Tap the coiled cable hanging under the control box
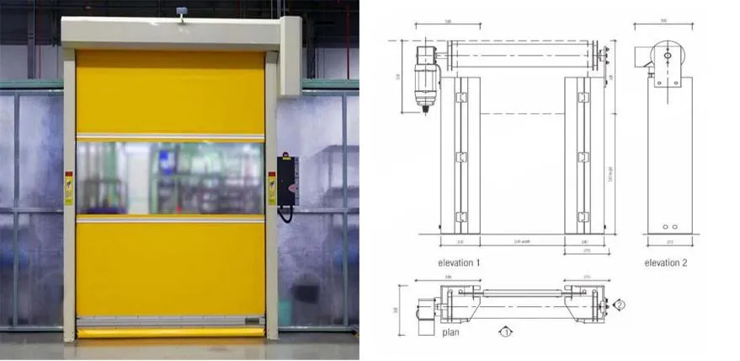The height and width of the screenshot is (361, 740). (285, 213)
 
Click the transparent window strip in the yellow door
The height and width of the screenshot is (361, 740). (170, 178)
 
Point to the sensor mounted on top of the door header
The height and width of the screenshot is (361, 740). (179, 13)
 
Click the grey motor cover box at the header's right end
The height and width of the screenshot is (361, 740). (290, 54)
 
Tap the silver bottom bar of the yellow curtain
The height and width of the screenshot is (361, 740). (170, 321)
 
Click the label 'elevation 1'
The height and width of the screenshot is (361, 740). (460, 263)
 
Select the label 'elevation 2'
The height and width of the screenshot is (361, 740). (665, 263)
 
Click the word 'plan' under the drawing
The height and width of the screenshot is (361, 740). (450, 332)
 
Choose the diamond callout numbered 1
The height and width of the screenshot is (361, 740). (506, 331)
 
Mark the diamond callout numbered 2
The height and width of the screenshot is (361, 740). (619, 304)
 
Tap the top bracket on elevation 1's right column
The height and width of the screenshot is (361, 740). (583, 99)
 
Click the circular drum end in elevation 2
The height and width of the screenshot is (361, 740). (666, 55)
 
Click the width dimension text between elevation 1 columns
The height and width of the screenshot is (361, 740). (522, 241)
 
